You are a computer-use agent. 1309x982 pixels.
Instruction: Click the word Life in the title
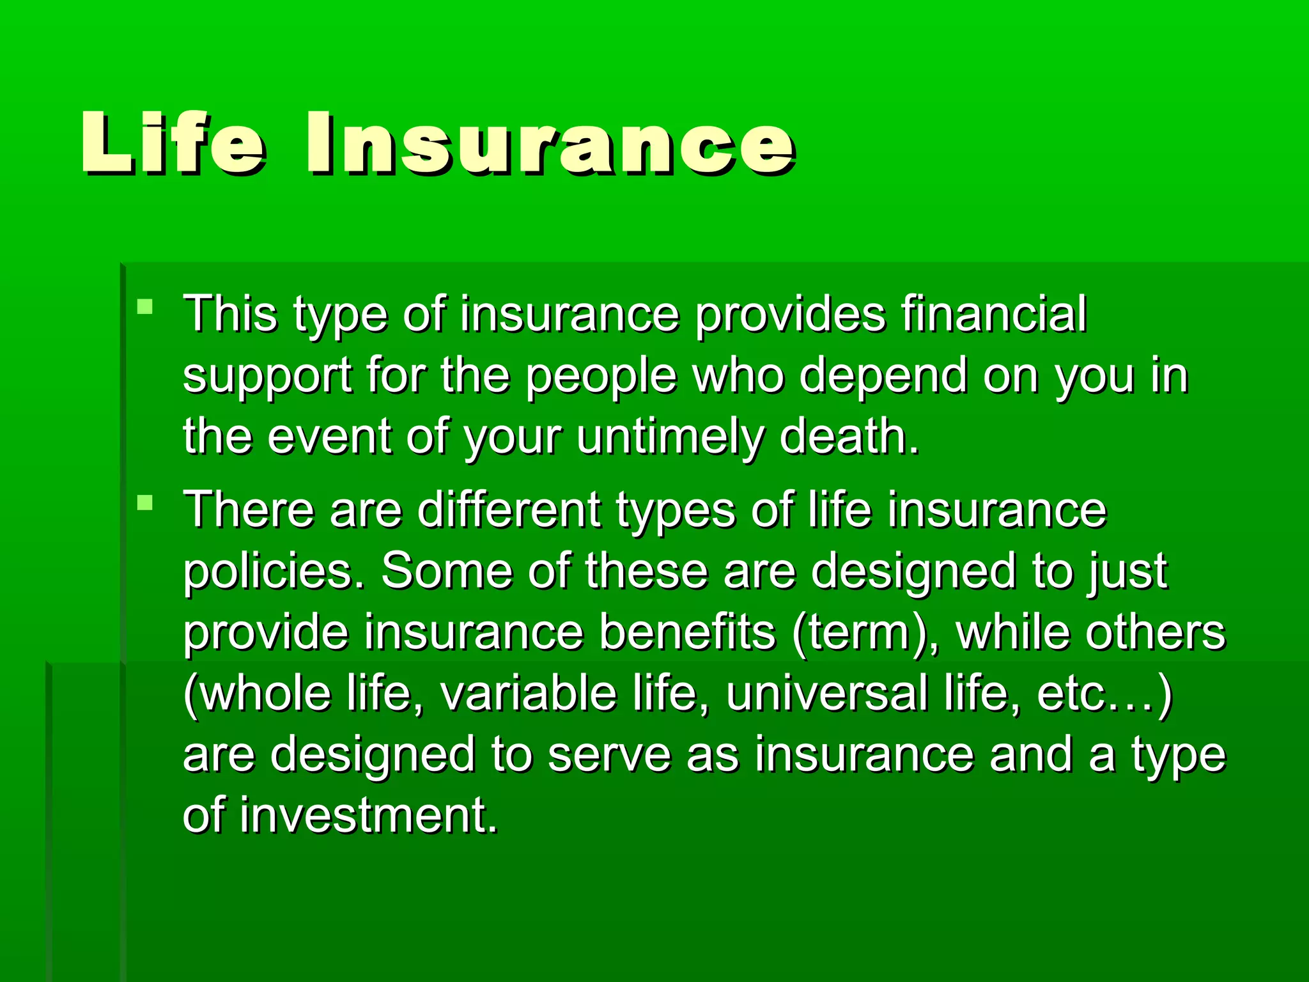tap(173, 143)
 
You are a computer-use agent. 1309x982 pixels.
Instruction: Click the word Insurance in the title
tap(550, 143)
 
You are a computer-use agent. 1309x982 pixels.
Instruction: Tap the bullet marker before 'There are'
tap(145, 503)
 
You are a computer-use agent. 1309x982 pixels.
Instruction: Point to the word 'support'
tap(267, 377)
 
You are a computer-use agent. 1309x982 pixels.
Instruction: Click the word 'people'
tap(601, 377)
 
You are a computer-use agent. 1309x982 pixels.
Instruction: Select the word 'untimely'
tap(670, 438)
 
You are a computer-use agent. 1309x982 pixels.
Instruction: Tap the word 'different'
tap(509, 510)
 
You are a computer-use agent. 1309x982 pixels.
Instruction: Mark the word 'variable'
tap(528, 693)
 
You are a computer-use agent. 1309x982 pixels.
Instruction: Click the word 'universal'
tap(826, 693)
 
